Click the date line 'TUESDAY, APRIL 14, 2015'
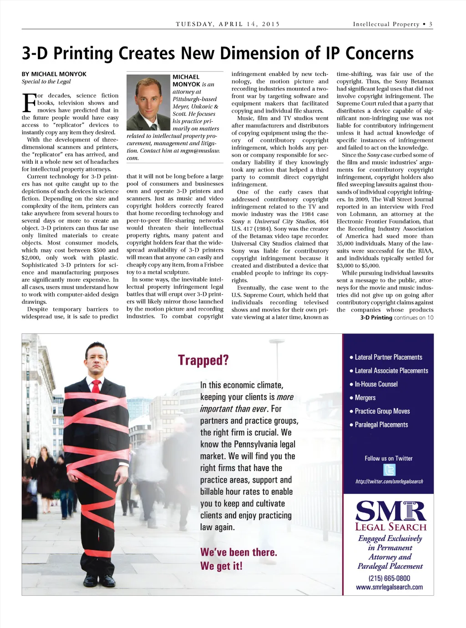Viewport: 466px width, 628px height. coord(228,24)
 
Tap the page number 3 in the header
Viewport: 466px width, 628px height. coord(431,24)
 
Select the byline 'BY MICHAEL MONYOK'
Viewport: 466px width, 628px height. coord(54,74)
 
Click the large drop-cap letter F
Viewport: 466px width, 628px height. coord(29,103)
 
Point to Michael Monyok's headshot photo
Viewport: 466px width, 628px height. coord(148,102)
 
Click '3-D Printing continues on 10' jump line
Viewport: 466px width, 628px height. coord(396,317)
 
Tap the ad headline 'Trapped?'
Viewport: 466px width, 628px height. coord(203,360)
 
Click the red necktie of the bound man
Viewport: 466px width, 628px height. coord(96,386)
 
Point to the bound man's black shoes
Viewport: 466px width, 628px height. coord(96,580)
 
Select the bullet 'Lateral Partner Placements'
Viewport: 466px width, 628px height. coord(388,357)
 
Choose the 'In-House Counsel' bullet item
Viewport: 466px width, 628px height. coord(376,384)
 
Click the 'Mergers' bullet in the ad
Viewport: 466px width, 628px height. coord(365,397)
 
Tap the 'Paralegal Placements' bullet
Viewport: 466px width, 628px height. coord(381,425)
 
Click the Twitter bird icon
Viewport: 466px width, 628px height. coord(389,469)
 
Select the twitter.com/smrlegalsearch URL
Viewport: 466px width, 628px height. coord(389,481)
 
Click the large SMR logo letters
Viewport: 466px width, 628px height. coord(390,511)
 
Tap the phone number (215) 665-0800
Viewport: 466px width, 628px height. coord(389,578)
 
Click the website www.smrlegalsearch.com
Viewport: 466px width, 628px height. coord(389,587)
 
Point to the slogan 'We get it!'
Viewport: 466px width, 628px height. coord(221,566)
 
